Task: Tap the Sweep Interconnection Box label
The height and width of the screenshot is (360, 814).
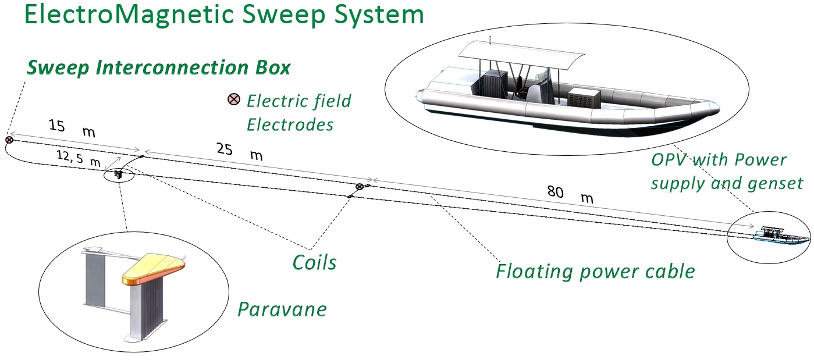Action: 158,67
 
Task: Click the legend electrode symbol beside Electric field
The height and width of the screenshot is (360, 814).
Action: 233,99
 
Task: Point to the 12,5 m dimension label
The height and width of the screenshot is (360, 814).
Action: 78,158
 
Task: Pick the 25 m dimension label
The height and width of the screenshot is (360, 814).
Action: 239,152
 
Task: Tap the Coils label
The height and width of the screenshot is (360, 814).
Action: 314,262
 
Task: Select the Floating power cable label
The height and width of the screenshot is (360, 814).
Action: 595,271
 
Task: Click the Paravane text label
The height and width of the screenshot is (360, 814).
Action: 282,309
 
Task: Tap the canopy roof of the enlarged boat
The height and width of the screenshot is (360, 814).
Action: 521,54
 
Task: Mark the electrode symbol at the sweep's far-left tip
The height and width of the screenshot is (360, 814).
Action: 9,140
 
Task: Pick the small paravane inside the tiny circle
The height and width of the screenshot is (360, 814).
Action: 119,174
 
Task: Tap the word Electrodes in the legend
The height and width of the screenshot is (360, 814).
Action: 290,124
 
